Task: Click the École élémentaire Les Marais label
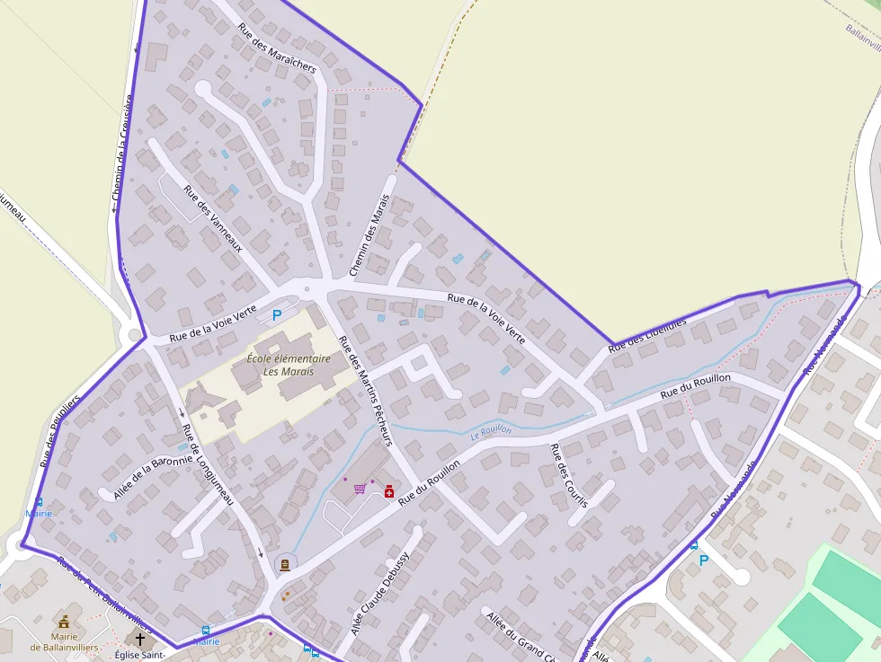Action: tap(289, 364)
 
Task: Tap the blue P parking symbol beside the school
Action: tap(277, 315)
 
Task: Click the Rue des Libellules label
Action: tap(647, 334)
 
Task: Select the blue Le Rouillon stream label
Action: tap(491, 431)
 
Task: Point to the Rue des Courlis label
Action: tap(568, 475)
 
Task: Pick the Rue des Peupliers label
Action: tap(60, 430)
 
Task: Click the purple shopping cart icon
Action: tap(360, 489)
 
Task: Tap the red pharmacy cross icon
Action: tap(389, 491)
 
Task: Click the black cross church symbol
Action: tap(139, 639)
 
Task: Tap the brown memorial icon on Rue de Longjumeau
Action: tap(285, 564)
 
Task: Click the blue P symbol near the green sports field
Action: tap(704, 560)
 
